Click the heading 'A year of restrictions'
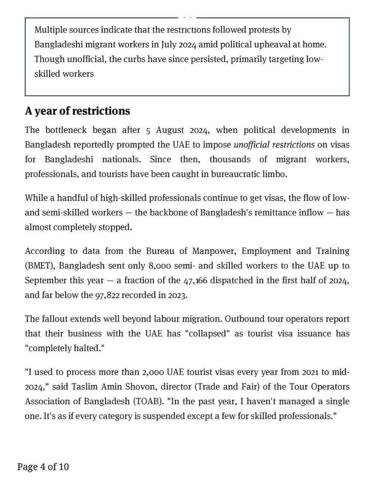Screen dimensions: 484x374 tap(77, 111)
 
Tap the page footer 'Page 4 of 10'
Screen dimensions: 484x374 tap(43, 467)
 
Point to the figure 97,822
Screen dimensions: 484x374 tap(107, 295)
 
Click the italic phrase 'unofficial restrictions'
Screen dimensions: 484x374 tap(274, 145)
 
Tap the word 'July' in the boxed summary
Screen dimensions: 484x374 tap(169, 45)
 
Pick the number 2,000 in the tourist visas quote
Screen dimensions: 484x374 tap(153, 372)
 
